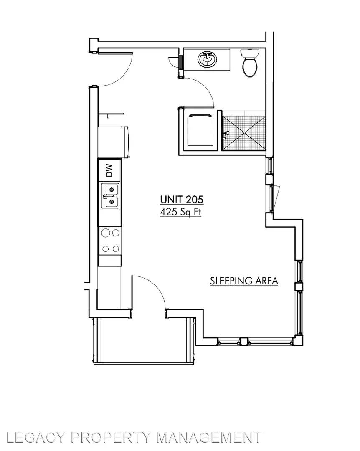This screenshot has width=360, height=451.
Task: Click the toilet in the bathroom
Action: pos(250,62)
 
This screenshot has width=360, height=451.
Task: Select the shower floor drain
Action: pos(244,133)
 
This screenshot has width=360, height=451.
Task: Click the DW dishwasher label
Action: pos(109,170)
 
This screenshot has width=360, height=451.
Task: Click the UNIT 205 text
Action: pos(182,199)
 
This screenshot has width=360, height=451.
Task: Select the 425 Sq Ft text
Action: pos(180,212)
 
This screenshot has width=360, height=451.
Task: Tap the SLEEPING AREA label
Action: pos(244,281)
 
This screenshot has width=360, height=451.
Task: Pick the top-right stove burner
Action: pos(116,233)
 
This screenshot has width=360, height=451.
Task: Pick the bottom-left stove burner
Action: pos(106,249)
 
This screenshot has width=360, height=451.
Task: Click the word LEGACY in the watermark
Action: pos(36,438)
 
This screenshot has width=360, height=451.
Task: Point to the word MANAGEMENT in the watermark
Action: pos(209,438)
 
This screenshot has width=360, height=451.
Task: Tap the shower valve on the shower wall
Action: pos(225,133)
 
